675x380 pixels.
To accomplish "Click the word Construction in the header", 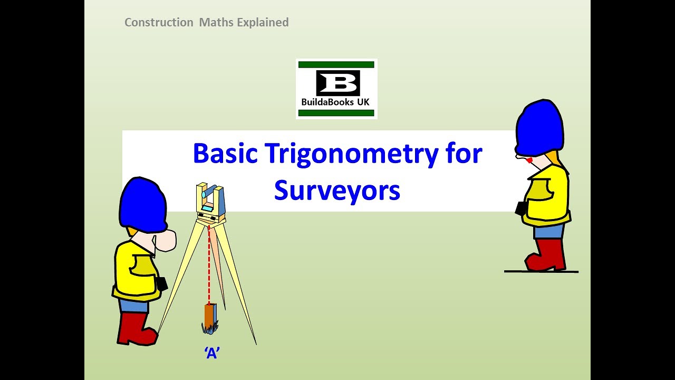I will pos(159,22).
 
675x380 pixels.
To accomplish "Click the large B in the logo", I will pos(337,84).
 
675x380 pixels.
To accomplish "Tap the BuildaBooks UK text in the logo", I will pos(336,102).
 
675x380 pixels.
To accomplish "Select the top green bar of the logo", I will pos(336,64).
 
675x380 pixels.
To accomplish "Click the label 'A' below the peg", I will pos(212,354).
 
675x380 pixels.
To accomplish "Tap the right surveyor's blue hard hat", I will pos(539,129).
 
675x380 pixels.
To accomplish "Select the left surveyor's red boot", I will pos(134,330).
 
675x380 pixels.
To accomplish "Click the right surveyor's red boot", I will pos(547,256).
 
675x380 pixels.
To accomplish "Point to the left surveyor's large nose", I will pos(165,240).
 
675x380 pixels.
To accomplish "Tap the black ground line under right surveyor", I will pos(541,272).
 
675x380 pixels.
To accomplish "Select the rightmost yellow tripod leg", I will pos(237,285).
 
